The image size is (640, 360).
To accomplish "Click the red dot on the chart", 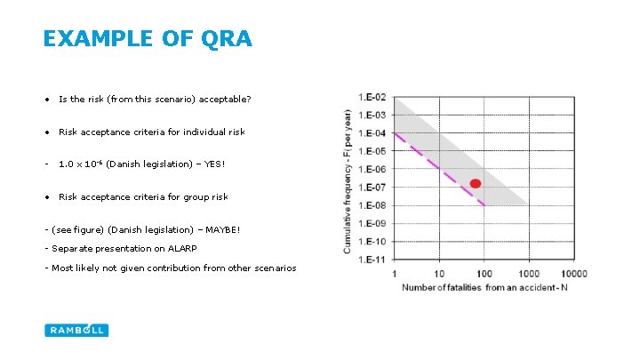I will pos(476,184).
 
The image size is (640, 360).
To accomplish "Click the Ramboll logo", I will pos(76,330).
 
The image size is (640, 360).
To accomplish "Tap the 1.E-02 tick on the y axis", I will pos(372,97).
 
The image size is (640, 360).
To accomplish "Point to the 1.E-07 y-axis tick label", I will pos(372,188).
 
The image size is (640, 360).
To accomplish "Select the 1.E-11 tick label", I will pos(372,260).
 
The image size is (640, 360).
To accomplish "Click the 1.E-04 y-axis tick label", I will pos(372,133).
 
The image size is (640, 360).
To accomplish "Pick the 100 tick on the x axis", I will pos(484,274).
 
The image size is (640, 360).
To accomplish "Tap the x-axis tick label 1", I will pos(394,274).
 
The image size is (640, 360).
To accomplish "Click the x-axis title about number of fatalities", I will pos(478,287).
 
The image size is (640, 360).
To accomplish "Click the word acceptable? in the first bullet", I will pos(227,100).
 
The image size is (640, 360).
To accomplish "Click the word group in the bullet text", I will pos(192,197).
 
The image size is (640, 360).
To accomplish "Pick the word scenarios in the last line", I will pos(276,268).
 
